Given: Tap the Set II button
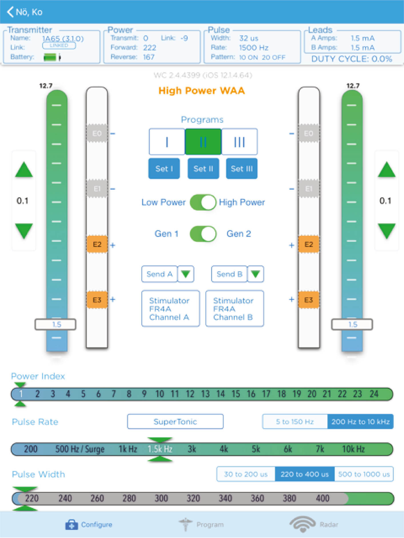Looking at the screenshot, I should [x=203, y=168].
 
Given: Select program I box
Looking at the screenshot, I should [x=167, y=142].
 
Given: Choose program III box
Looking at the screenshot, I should [x=240, y=142].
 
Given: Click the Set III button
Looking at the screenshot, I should [x=242, y=168].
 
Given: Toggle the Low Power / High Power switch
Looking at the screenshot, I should [x=203, y=202].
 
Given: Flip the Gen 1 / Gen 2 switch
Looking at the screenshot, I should [x=203, y=234].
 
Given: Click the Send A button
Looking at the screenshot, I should [x=160, y=274].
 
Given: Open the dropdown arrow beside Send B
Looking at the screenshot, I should [x=255, y=274].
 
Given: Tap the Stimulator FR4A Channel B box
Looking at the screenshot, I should [x=234, y=309].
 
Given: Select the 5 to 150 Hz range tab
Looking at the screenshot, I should [x=295, y=422].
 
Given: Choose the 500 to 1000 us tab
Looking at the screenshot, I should [x=364, y=474].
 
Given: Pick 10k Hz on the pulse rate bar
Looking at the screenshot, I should [x=353, y=449].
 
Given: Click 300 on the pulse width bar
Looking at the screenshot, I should [x=161, y=498].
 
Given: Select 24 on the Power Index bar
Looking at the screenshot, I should [x=374, y=394].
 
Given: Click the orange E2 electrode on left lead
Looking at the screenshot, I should [x=97, y=244].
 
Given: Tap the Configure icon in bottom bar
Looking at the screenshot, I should [x=71, y=525].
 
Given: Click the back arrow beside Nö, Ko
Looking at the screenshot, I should [x=10, y=12].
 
